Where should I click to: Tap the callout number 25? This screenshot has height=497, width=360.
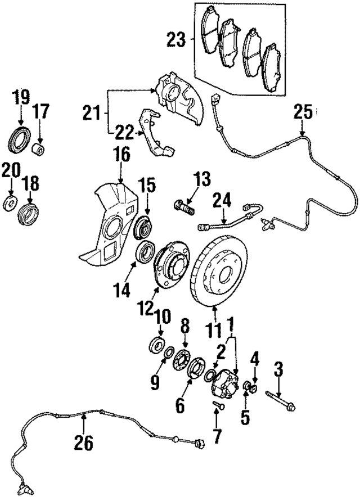click(x=302, y=114)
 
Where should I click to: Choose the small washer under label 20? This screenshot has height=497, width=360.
click(x=10, y=202)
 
